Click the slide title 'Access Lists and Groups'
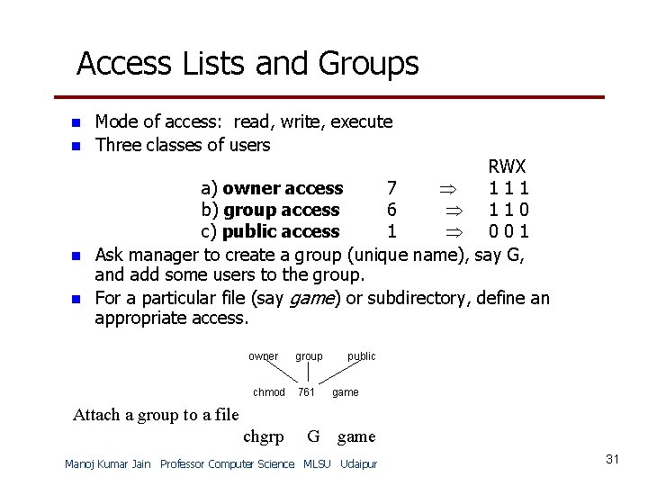pyautogui.click(x=247, y=64)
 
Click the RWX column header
pyautogui.click(x=508, y=167)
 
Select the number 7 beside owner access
pyautogui.click(x=391, y=189)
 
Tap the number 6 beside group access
pyautogui.click(x=391, y=211)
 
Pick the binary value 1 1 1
pyautogui.click(x=508, y=189)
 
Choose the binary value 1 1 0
pyautogui.click(x=508, y=211)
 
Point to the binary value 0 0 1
pyautogui.click(x=508, y=232)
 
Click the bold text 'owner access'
pyautogui.click(x=283, y=189)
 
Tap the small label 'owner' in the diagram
pyautogui.click(x=264, y=356)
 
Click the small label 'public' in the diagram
pyautogui.click(x=362, y=356)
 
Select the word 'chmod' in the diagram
pyautogui.click(x=269, y=392)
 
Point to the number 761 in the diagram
pyautogui.click(x=306, y=392)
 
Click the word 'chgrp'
pyautogui.click(x=264, y=437)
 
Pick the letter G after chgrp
pyautogui.click(x=313, y=437)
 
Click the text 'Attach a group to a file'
pyautogui.click(x=155, y=415)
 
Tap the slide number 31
pyautogui.click(x=613, y=460)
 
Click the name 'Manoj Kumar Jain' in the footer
pyautogui.click(x=109, y=464)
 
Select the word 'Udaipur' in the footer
pyautogui.click(x=359, y=464)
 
